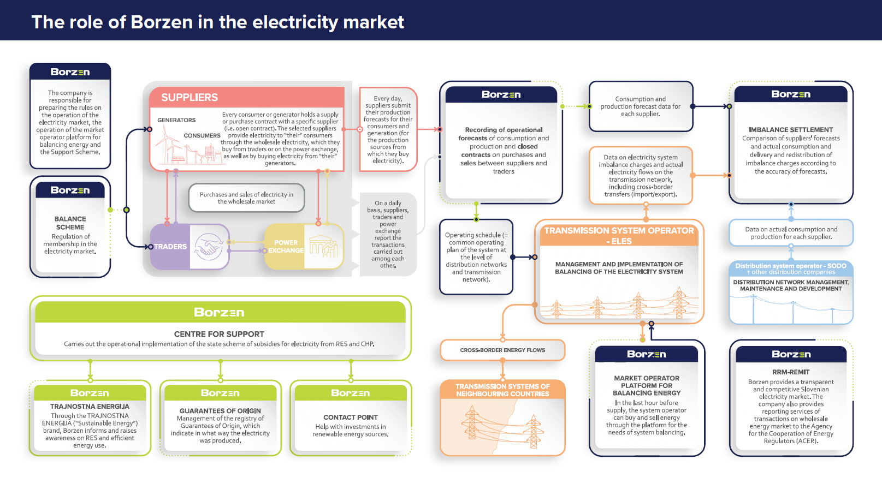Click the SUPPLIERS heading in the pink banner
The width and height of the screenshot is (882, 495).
pos(190,97)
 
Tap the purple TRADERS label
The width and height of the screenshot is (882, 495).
pos(170,247)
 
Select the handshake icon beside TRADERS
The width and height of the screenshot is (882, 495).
pos(209,247)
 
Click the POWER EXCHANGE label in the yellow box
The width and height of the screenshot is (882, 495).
pos(286,247)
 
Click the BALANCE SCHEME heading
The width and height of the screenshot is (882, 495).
pos(70,223)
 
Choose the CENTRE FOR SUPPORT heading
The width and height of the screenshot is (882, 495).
pos(219,334)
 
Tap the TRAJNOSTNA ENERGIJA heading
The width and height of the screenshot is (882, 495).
pos(90,407)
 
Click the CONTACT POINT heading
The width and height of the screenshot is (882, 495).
pos(351,418)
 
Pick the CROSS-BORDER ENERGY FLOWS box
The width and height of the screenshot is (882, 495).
pos(502,350)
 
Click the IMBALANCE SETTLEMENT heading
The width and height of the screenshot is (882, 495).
pos(791,130)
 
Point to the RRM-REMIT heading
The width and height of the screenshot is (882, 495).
pos(791,372)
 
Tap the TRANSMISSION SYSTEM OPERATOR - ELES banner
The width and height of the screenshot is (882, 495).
pos(619,235)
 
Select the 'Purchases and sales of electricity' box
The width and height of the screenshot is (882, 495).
pos(246,198)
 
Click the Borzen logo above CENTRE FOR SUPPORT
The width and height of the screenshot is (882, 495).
pos(219,313)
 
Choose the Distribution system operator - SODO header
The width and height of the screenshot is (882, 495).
pos(791,269)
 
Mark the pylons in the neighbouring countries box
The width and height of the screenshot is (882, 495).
pos(502,426)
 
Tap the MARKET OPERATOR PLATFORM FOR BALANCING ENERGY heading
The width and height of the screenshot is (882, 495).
pos(647,385)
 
